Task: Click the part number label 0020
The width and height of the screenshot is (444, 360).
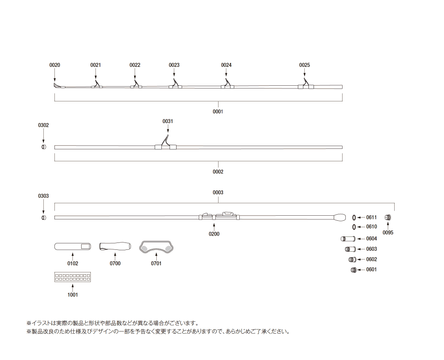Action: (54, 65)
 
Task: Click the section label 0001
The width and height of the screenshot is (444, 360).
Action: (218, 112)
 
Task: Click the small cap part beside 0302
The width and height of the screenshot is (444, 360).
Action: (44, 147)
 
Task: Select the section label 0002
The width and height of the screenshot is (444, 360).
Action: (218, 171)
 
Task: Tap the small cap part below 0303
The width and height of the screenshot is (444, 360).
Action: (44, 218)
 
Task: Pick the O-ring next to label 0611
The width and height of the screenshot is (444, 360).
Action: (354, 218)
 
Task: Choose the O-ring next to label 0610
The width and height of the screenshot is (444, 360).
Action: (354, 227)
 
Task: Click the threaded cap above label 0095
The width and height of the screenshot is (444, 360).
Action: (387, 218)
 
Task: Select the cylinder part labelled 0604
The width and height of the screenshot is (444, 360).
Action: (347, 239)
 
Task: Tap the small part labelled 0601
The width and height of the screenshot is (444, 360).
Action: (353, 270)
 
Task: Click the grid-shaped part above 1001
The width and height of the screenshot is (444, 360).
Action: (72, 277)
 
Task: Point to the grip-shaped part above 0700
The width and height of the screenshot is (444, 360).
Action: (115, 247)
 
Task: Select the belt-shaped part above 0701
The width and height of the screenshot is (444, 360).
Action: (157, 247)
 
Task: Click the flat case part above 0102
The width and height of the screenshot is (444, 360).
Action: (73, 247)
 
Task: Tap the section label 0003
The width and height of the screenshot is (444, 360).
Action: (218, 192)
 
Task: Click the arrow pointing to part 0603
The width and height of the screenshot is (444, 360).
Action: (361, 249)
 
